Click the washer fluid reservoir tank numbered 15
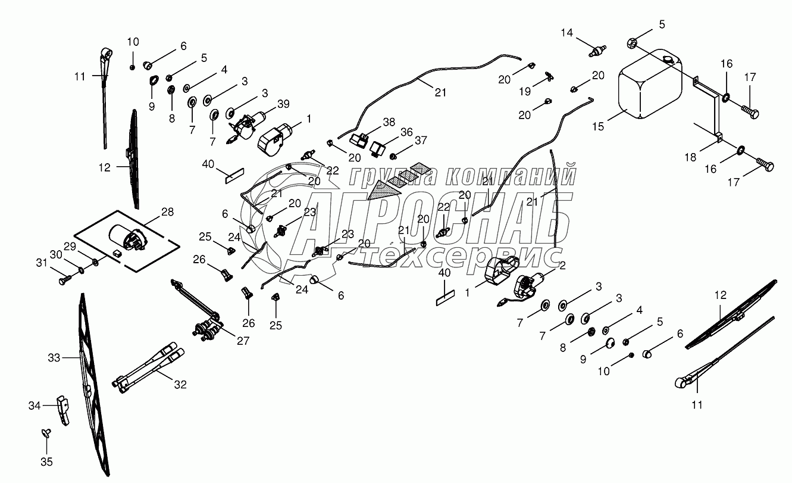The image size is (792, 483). [x=650, y=84]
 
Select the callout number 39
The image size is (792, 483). [x=283, y=104]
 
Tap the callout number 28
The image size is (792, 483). [x=167, y=212]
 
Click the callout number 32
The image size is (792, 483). [x=180, y=384]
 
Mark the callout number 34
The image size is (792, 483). [x=35, y=406]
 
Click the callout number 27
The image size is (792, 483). [x=243, y=341]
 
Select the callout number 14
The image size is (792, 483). [x=566, y=33]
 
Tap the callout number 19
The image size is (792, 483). [x=525, y=91]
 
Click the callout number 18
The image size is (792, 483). [x=690, y=157]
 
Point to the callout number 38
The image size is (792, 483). [x=389, y=122]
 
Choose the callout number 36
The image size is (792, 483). [x=406, y=132]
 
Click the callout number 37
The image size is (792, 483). [x=421, y=141]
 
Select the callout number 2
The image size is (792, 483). [x=562, y=266]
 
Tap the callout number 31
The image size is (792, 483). [x=42, y=263]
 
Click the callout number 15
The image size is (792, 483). [x=598, y=126]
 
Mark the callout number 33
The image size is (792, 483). [x=54, y=358]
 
